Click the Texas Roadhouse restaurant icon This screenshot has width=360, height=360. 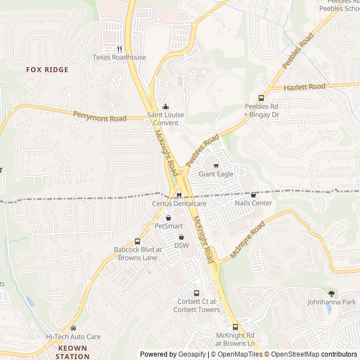pos(119,48)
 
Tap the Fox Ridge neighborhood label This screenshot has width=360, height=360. pos(47,70)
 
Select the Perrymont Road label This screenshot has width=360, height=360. pos(100,116)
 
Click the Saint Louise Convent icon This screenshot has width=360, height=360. pos(165,107)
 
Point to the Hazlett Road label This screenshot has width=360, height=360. pos(305,87)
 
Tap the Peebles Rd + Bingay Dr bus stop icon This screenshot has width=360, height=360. pos(260,98)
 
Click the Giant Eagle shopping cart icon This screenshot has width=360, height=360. pos(215,165)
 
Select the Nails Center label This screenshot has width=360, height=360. pos(253,203)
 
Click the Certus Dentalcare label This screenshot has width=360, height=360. pos(179,203)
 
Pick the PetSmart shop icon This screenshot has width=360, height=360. pos(168,218)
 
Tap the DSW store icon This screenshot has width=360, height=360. pos(181,237)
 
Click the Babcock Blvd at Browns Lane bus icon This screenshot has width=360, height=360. pos(138,241)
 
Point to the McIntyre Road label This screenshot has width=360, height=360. pos(247,238)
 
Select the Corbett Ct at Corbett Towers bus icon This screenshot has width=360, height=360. pos(196,293)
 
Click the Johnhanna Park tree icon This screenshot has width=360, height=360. pos(331,294)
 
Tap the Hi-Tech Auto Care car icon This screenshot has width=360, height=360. pos(73,328)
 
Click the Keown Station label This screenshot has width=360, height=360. pos(73,352)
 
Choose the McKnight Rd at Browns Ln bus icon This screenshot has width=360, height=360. pos(235,327)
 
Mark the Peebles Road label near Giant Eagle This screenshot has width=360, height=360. pos(202,150)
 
